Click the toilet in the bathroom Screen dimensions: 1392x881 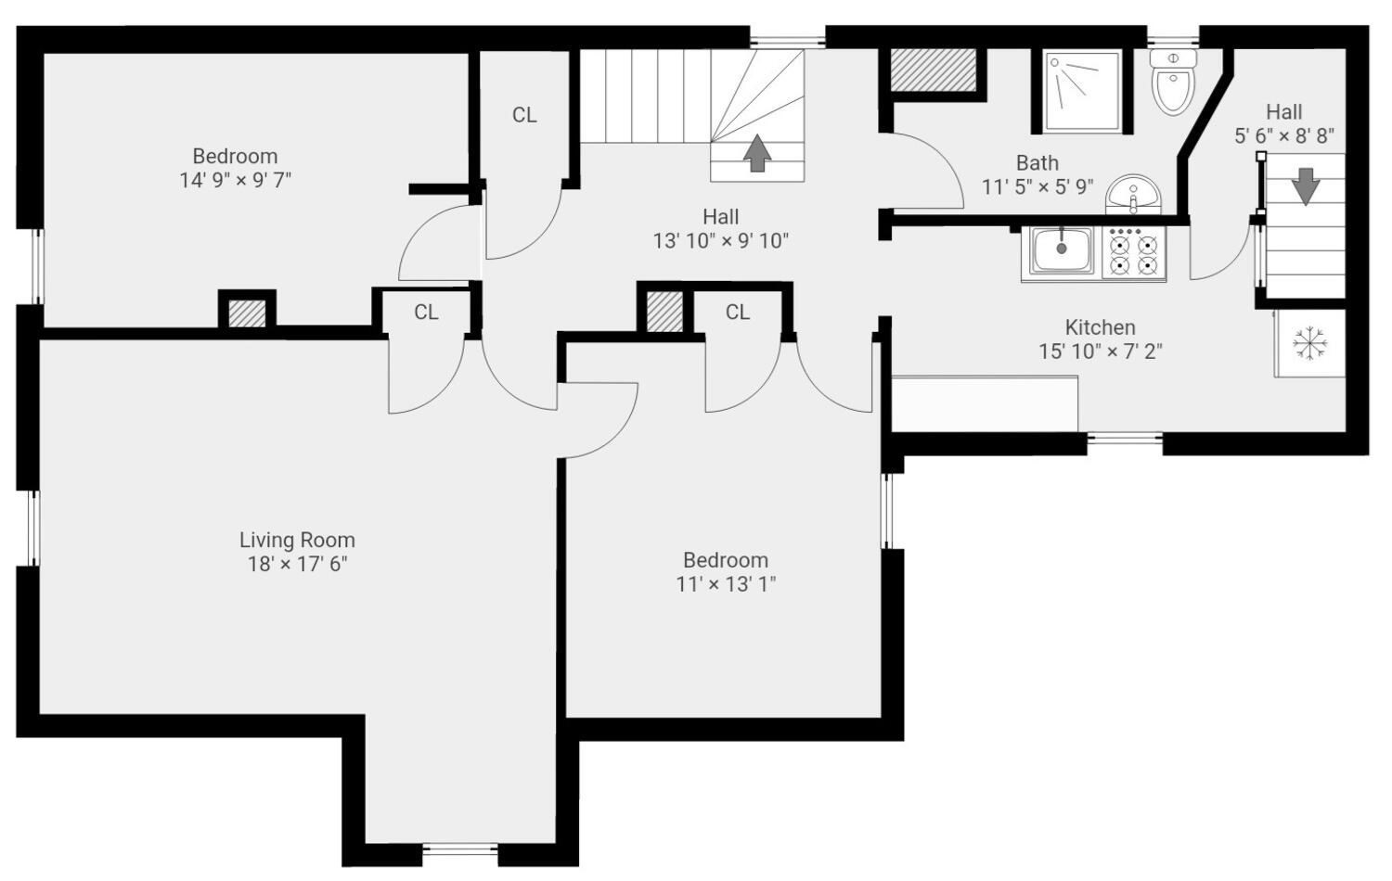click(x=1173, y=82)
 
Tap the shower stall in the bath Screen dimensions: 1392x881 click(x=1083, y=91)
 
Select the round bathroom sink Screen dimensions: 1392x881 click(x=1133, y=195)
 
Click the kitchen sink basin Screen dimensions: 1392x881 click(x=1062, y=250)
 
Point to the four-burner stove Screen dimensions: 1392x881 click(x=1134, y=252)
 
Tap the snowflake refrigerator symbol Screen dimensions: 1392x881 click(x=1310, y=343)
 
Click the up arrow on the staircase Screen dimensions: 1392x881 click(x=757, y=153)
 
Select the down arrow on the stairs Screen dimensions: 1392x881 click(x=1305, y=186)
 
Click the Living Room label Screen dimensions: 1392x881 click(x=297, y=540)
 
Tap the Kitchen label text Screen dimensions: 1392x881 click(x=1100, y=327)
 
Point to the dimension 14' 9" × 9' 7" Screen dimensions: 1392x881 click(x=236, y=181)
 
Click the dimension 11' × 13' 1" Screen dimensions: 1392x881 click(x=726, y=584)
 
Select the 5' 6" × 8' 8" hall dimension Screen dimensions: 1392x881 click(x=1283, y=136)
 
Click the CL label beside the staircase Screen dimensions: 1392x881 click(x=524, y=115)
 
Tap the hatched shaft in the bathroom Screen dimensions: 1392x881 click(x=933, y=70)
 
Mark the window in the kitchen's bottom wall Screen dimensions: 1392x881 click(x=1124, y=438)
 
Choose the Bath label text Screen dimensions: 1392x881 click(x=1038, y=163)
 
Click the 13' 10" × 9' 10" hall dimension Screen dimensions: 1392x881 click(x=720, y=241)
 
